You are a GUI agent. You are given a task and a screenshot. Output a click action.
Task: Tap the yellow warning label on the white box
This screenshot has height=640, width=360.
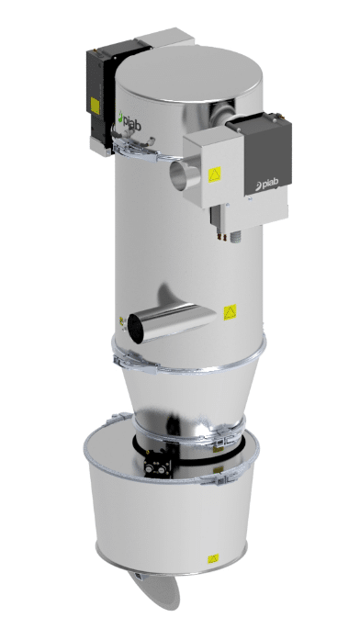click(x=215, y=174)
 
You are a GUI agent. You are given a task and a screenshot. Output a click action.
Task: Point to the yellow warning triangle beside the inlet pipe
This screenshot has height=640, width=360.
click(x=231, y=312)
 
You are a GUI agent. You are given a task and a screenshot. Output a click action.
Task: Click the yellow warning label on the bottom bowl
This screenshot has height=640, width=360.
click(x=211, y=557)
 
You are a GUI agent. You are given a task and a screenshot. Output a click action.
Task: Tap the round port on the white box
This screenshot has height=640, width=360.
click(x=180, y=173)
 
